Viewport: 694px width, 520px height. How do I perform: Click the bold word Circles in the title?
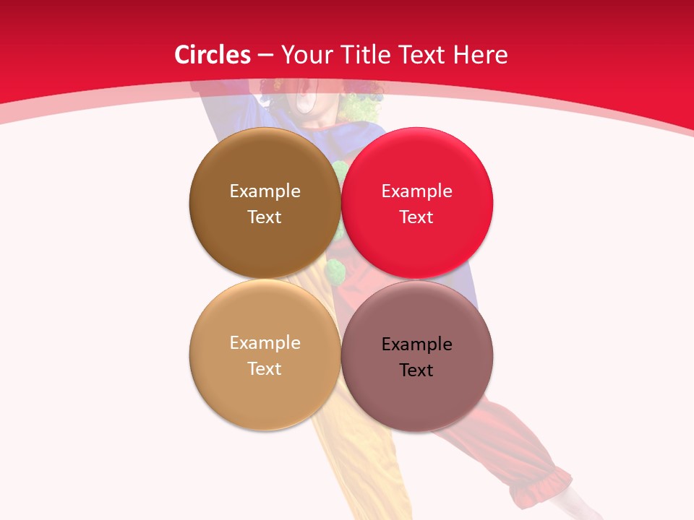point(213,55)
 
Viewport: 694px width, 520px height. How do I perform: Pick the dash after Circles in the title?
point(265,56)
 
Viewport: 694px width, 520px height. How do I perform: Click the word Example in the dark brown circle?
point(265,191)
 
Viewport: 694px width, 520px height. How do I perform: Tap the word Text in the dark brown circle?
point(265,217)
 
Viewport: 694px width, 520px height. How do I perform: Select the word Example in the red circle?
point(416,191)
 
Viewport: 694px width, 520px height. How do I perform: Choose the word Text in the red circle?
point(416,217)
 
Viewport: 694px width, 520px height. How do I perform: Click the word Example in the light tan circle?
point(265,342)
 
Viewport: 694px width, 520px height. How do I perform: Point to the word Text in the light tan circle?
point(265,368)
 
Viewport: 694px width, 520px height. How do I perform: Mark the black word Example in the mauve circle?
point(416,344)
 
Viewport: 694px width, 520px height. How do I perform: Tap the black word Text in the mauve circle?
point(416,370)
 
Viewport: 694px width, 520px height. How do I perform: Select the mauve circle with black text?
point(417,404)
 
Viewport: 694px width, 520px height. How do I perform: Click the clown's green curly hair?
point(365,105)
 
